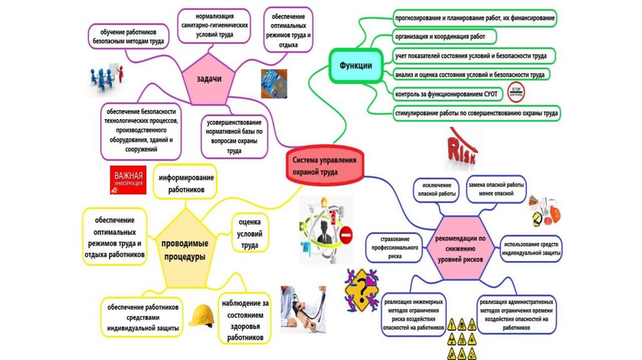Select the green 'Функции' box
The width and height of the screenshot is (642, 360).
coord(355,65)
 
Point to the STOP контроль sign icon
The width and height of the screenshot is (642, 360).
coord(516,92)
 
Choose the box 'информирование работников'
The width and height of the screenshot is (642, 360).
coord(186,183)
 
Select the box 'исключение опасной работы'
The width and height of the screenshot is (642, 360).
coord(437,190)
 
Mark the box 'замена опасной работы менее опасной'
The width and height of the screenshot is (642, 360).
coord(497,190)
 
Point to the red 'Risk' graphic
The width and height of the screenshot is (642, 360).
coord(465,148)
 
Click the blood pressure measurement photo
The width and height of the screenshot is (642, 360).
coord(304,307)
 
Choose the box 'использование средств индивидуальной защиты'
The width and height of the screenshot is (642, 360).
coord(530,248)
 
